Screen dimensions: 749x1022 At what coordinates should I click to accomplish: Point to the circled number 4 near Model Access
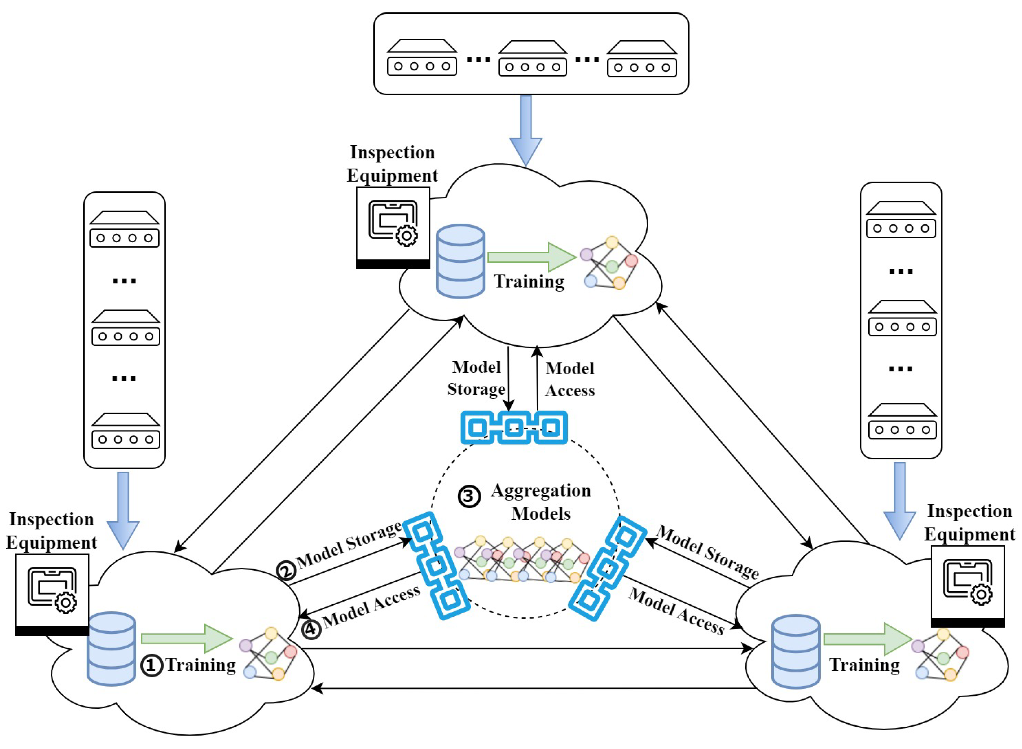click(x=311, y=630)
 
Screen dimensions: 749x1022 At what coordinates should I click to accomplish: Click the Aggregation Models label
click(x=541, y=502)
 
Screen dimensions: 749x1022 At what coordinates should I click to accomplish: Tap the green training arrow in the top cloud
click(x=531, y=257)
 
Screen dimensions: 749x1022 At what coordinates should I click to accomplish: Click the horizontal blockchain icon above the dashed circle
click(x=514, y=427)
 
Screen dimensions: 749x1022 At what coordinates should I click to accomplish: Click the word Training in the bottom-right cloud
click(x=864, y=665)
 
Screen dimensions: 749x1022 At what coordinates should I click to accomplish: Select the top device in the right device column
click(x=901, y=220)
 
